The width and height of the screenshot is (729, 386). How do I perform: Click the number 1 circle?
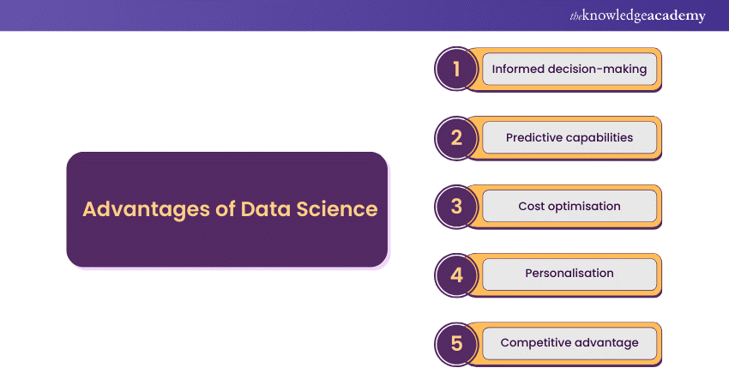pyautogui.click(x=456, y=69)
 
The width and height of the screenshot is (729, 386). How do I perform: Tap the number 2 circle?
pyautogui.click(x=456, y=137)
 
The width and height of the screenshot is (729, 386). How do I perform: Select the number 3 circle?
pyautogui.click(x=456, y=206)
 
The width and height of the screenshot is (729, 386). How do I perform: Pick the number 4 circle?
pyautogui.click(x=456, y=274)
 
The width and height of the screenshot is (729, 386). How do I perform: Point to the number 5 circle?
pyautogui.click(x=456, y=343)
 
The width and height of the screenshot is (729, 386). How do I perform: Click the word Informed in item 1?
pyautogui.click(x=517, y=69)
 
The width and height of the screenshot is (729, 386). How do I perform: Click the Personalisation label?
pyautogui.click(x=569, y=274)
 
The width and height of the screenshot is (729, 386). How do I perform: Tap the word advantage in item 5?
pyautogui.click(x=608, y=342)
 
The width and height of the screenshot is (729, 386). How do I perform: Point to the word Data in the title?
pyautogui.click(x=268, y=209)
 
